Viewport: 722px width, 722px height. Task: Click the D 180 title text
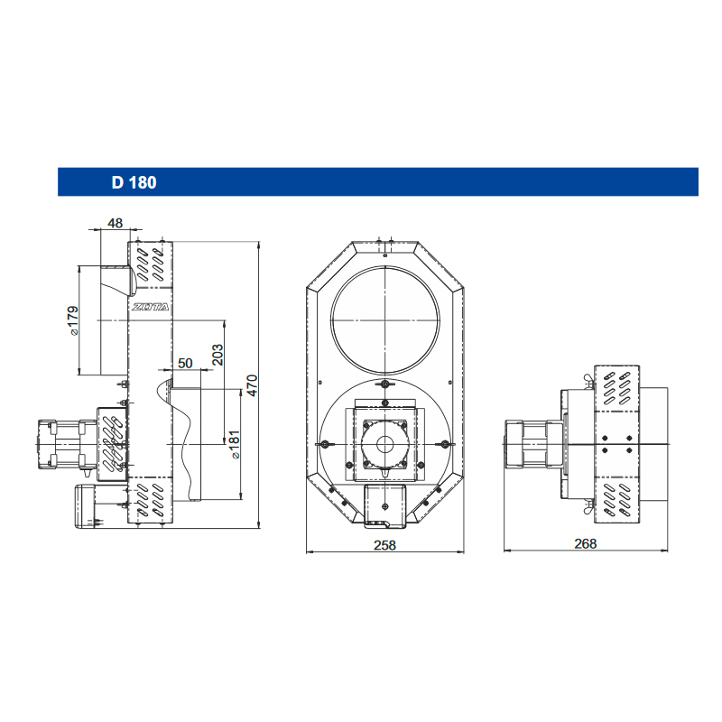coord(134,182)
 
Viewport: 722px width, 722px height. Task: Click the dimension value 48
coord(116,223)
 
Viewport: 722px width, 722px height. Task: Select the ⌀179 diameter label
coord(73,320)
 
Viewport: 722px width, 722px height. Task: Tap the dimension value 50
coord(185,363)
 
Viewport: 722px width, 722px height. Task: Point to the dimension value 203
coord(217,355)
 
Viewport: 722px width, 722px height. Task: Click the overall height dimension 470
coord(252,385)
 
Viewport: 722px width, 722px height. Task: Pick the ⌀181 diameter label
coord(235,444)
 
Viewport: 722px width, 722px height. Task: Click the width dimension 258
coord(385,545)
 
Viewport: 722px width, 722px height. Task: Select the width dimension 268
coord(585,544)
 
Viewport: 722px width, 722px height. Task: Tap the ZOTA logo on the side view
coord(151,307)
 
